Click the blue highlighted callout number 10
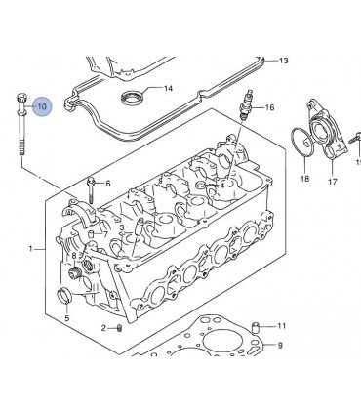(42, 106)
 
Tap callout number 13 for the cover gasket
(283, 61)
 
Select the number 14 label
(168, 88)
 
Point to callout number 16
(269, 107)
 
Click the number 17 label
(332, 181)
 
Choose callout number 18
(304, 179)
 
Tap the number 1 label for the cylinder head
(31, 249)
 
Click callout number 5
(67, 318)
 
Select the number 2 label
(103, 328)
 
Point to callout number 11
(281, 325)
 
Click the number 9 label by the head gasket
(280, 345)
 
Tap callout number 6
(107, 184)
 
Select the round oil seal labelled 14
(132, 97)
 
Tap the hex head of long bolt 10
(21, 98)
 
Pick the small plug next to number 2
(119, 329)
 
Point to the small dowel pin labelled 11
(255, 326)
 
